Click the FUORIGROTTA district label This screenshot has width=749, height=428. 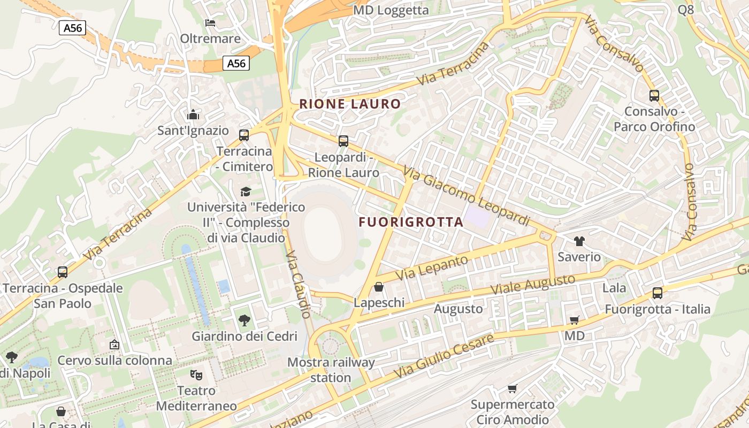coord(411,222)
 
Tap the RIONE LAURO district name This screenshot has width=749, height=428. coord(350,104)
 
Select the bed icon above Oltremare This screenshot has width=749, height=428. coord(210,22)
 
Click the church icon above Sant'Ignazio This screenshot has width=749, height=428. coord(193,114)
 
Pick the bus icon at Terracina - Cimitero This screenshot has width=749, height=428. coord(244,135)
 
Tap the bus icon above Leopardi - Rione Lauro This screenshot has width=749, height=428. coord(343,141)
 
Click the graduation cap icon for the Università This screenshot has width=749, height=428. coord(246,191)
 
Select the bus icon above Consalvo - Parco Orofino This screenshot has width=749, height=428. coord(654,96)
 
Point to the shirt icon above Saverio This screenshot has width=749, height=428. coord(579,241)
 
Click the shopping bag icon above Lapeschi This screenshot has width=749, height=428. coord(379,287)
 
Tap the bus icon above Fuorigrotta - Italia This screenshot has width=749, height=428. coord(658,293)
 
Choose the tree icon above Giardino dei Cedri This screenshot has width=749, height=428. coord(244,320)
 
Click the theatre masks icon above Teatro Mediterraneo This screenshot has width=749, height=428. coord(196,374)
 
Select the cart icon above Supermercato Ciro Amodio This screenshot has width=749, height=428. coord(513,388)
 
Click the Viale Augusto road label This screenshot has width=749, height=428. coord(533,285)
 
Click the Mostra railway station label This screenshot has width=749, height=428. coord(331,370)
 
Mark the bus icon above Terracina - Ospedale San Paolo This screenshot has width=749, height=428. coord(63,272)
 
